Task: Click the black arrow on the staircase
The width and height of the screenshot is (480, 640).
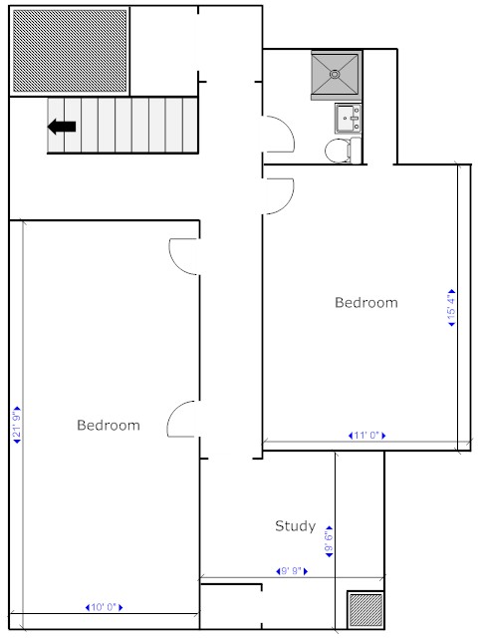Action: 62,127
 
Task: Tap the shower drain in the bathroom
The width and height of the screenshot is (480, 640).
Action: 335,75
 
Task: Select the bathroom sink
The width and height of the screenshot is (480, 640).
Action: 349,119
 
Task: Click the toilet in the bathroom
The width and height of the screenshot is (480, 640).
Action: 343,151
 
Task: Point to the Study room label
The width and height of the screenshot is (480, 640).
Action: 295,525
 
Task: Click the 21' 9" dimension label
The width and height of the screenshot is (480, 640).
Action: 17,425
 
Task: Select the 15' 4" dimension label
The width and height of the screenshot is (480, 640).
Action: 451,307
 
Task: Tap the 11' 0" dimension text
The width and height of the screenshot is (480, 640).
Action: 367,436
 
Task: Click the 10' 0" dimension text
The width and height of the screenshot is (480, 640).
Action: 104,607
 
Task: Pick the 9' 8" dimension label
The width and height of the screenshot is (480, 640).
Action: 292,571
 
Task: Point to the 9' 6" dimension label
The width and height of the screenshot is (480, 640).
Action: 329,541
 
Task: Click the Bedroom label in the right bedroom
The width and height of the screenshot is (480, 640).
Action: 366,302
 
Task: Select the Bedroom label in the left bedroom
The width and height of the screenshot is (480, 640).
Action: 109,425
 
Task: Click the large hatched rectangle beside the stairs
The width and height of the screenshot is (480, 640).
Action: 70,51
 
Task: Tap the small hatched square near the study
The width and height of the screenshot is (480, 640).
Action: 365,610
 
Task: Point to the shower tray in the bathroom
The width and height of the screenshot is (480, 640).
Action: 337,76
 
